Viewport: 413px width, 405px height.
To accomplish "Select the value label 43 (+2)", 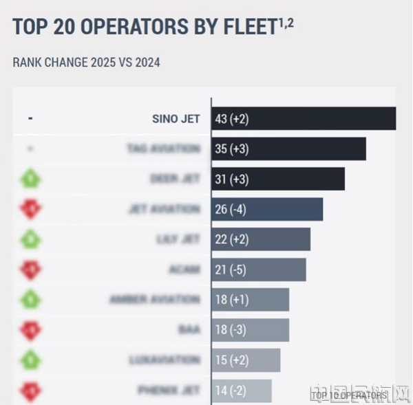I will click(232, 119).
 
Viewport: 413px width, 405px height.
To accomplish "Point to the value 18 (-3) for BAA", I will click(231, 330).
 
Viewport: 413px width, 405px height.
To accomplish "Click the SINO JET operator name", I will click(176, 119).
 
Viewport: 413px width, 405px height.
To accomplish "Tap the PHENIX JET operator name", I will click(169, 390).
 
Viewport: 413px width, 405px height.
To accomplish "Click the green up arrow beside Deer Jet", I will click(30, 179).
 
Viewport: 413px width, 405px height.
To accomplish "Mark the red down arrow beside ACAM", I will click(30, 270).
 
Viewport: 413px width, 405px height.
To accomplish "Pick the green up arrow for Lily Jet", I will click(30, 239).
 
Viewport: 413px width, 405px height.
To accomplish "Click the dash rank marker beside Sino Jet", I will click(30, 119).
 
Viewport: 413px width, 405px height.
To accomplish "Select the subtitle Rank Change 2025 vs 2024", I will click(87, 63).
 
